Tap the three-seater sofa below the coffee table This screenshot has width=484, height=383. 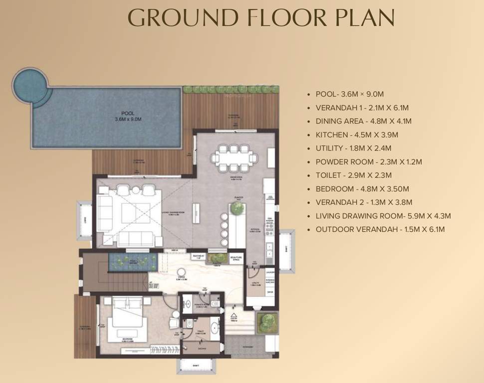(x=136, y=238)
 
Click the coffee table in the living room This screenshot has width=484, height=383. (x=135, y=212)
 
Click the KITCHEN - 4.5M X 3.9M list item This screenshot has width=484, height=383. (x=356, y=135)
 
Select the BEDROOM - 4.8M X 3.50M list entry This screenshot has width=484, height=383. (x=362, y=189)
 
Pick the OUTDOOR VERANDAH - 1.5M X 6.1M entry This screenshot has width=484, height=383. (x=380, y=229)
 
